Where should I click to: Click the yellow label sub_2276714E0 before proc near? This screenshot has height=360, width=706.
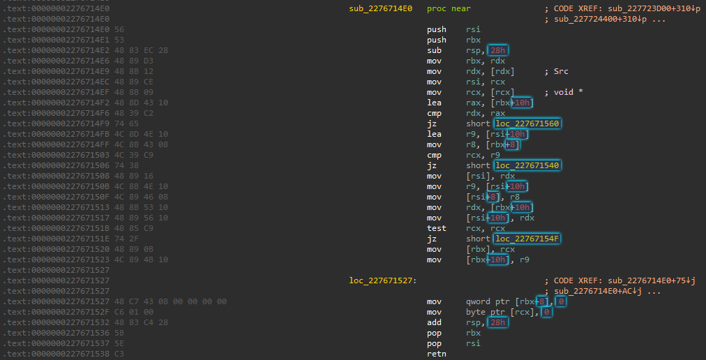380,8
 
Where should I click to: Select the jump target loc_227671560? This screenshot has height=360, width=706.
527,124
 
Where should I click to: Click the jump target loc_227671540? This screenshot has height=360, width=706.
527,166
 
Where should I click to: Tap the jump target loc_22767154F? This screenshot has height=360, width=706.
527,239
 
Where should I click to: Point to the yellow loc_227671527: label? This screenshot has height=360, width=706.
383,280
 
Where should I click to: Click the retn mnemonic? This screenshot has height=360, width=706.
436,354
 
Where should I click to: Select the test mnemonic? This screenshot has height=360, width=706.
436,228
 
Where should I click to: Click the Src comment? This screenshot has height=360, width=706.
561,72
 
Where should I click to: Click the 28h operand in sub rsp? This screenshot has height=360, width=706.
498,50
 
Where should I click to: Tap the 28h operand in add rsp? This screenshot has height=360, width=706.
498,322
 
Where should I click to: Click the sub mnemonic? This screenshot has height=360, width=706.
434,50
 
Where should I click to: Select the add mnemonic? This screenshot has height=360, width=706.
434,322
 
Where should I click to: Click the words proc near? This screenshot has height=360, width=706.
449,8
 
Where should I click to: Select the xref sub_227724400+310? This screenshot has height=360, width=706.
596,20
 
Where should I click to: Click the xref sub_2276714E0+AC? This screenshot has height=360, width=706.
596,292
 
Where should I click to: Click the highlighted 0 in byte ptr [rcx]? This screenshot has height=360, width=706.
547,313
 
